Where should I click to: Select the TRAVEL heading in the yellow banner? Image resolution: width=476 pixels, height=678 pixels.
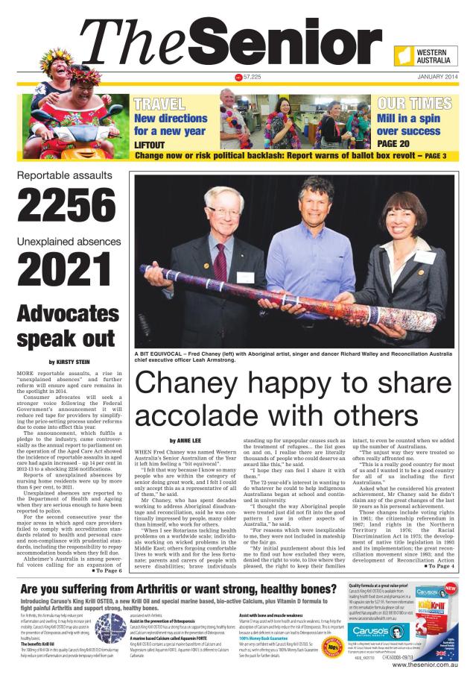coord(159,104)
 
